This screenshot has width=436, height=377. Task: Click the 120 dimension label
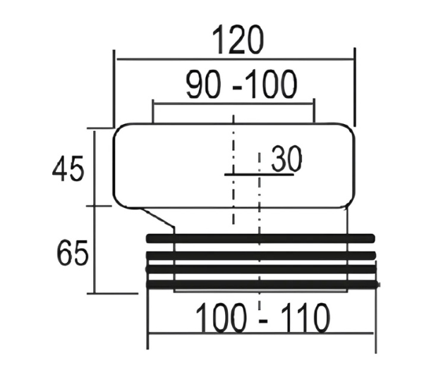pos(238,40)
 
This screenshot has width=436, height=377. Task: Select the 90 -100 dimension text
pos(241,84)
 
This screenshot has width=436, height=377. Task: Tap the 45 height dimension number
pos(68,168)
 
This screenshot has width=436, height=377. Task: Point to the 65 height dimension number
pos(73,252)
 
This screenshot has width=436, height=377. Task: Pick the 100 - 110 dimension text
pos(263,318)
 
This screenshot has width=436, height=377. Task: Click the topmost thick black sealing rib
pos(260,238)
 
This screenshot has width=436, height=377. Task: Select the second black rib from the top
pos(261,256)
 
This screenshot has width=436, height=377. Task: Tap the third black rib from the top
pos(261,269)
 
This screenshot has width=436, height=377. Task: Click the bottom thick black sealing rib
pos(262,284)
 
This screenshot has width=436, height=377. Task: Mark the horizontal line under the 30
pos(259,175)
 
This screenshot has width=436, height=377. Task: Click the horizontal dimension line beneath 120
pos(235,59)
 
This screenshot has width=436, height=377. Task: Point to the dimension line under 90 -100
pos(234,104)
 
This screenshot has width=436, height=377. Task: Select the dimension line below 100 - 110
pos(260,333)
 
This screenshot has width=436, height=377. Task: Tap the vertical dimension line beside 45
pos(95,168)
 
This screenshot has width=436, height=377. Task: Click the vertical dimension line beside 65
pos(95,249)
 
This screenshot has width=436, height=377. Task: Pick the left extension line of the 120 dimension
pos(114,89)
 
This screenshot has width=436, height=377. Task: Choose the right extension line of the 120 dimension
pos(355,87)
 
